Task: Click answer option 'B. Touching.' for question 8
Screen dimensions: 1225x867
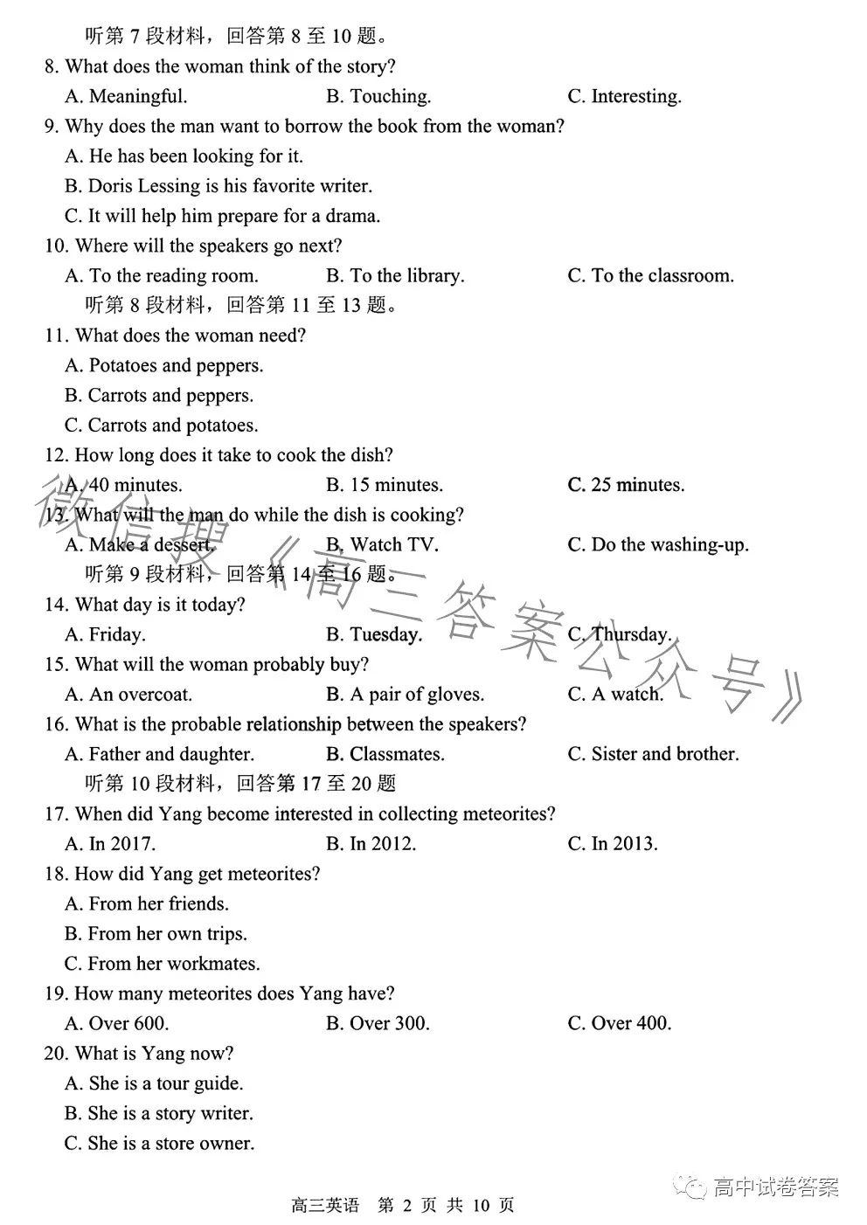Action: pos(378,96)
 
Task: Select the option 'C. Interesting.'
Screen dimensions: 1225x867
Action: pos(624,96)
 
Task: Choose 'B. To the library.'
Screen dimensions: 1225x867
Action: pos(395,276)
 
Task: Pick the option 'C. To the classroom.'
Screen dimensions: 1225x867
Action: pos(650,276)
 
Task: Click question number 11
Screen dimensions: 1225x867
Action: pos(56,336)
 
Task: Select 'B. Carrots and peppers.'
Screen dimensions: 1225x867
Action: pos(159,396)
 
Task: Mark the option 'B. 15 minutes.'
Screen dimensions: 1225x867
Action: pos(385,485)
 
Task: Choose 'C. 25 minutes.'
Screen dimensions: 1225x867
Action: pos(626,485)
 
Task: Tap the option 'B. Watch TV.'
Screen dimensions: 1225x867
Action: pos(382,545)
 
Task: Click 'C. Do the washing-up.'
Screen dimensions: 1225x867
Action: pos(657,545)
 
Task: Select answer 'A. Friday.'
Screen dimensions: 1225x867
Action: pos(105,635)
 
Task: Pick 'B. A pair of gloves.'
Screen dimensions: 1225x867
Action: pos(405,695)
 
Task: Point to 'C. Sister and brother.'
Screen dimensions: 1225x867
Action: pos(653,754)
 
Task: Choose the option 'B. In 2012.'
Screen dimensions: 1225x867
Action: pos(371,844)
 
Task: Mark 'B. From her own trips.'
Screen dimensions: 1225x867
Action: pos(156,934)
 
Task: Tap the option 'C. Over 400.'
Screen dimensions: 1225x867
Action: pos(619,1023)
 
